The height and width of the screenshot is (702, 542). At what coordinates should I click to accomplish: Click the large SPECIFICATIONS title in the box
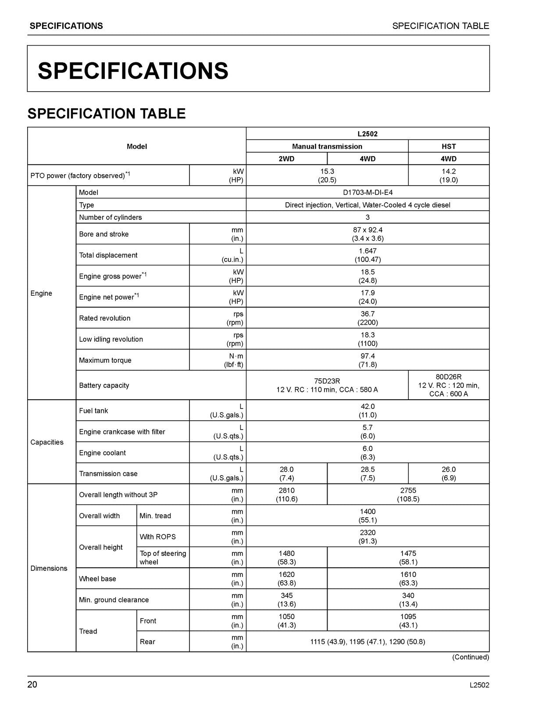133,71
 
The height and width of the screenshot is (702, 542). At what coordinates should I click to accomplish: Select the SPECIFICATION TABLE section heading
107,114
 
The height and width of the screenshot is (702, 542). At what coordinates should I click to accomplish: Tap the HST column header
448,147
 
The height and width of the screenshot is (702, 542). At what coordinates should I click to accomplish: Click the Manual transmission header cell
327,147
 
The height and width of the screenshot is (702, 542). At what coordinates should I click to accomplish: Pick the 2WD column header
286,159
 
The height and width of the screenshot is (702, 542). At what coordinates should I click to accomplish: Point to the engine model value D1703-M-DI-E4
367,192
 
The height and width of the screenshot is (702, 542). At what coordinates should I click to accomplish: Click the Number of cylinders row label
111,217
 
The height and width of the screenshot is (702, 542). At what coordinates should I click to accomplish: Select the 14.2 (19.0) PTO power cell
448,175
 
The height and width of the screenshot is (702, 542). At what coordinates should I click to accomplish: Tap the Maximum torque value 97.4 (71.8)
367,360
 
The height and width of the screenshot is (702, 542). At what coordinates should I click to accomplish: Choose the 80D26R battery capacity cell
448,385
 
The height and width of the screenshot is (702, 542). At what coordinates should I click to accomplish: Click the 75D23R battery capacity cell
327,385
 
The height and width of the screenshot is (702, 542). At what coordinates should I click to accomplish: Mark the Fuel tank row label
93,411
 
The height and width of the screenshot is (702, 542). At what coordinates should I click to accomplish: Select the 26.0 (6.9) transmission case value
448,473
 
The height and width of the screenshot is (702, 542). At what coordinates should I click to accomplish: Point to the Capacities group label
47,442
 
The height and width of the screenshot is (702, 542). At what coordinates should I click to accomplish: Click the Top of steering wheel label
163,558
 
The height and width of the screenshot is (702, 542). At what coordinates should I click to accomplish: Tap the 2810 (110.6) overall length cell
286,494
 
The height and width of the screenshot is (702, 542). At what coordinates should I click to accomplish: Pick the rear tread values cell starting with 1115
367,642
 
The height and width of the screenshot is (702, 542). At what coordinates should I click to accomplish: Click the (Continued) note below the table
470,657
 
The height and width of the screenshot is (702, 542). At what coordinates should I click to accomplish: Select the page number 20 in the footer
32,685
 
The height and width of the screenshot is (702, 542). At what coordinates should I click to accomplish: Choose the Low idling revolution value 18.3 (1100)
367,339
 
